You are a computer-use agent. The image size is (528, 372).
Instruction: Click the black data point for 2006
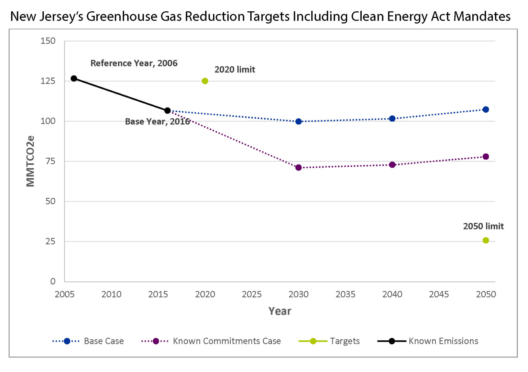click(74, 79)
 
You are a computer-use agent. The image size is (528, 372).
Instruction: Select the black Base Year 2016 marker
click(167, 111)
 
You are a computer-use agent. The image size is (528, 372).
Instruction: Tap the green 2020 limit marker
click(205, 81)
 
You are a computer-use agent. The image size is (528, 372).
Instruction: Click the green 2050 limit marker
click(486, 240)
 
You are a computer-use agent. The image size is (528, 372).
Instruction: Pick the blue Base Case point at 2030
click(298, 122)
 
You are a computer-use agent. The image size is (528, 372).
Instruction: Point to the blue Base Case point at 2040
click(392, 119)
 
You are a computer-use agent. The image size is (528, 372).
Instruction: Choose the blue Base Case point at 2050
click(486, 110)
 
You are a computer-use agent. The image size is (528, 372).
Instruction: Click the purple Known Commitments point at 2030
click(298, 168)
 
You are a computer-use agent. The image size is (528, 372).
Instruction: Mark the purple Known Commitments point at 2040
click(392, 165)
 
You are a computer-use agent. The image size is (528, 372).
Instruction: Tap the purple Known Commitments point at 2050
click(486, 157)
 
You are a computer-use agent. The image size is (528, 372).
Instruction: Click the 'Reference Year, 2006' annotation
click(134, 63)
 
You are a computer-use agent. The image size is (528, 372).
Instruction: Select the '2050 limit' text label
click(483, 226)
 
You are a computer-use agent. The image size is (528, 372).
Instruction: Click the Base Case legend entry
click(88, 341)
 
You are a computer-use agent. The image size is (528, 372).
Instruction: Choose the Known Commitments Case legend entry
click(211, 341)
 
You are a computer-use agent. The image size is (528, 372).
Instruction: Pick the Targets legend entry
click(329, 341)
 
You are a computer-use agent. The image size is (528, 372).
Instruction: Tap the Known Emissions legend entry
click(428, 341)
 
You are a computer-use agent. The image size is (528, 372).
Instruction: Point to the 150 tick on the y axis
click(48, 41)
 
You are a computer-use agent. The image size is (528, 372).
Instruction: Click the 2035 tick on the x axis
click(345, 294)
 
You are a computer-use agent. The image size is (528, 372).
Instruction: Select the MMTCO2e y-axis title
click(31, 161)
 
